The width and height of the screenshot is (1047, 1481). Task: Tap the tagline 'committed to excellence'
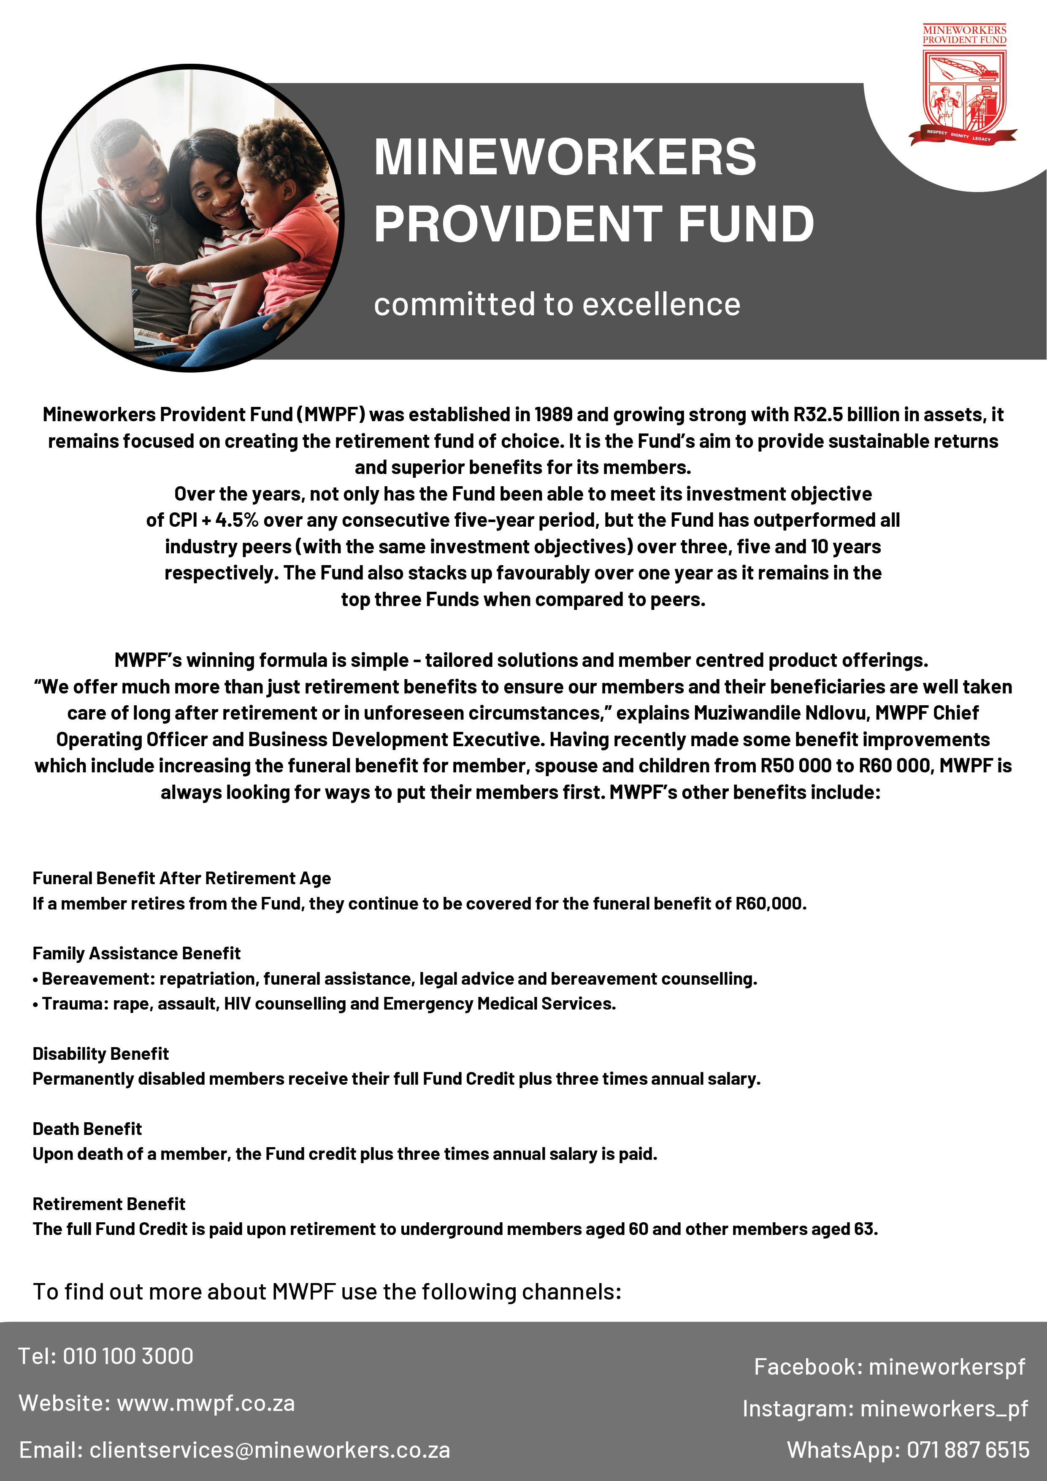tap(557, 304)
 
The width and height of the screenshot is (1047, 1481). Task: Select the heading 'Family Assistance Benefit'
tap(136, 953)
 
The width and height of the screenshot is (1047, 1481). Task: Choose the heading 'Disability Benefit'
tap(100, 1053)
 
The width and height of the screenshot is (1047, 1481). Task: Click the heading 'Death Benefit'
tap(87, 1129)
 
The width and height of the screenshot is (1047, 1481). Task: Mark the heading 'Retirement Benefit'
tap(108, 1204)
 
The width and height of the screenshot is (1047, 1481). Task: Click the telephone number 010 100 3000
tap(128, 1356)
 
